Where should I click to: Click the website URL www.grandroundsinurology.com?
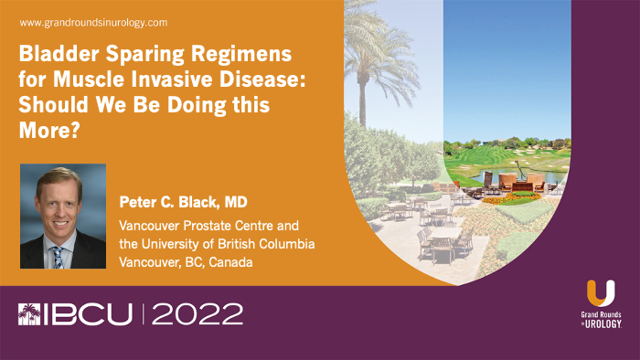click(x=91, y=21)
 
